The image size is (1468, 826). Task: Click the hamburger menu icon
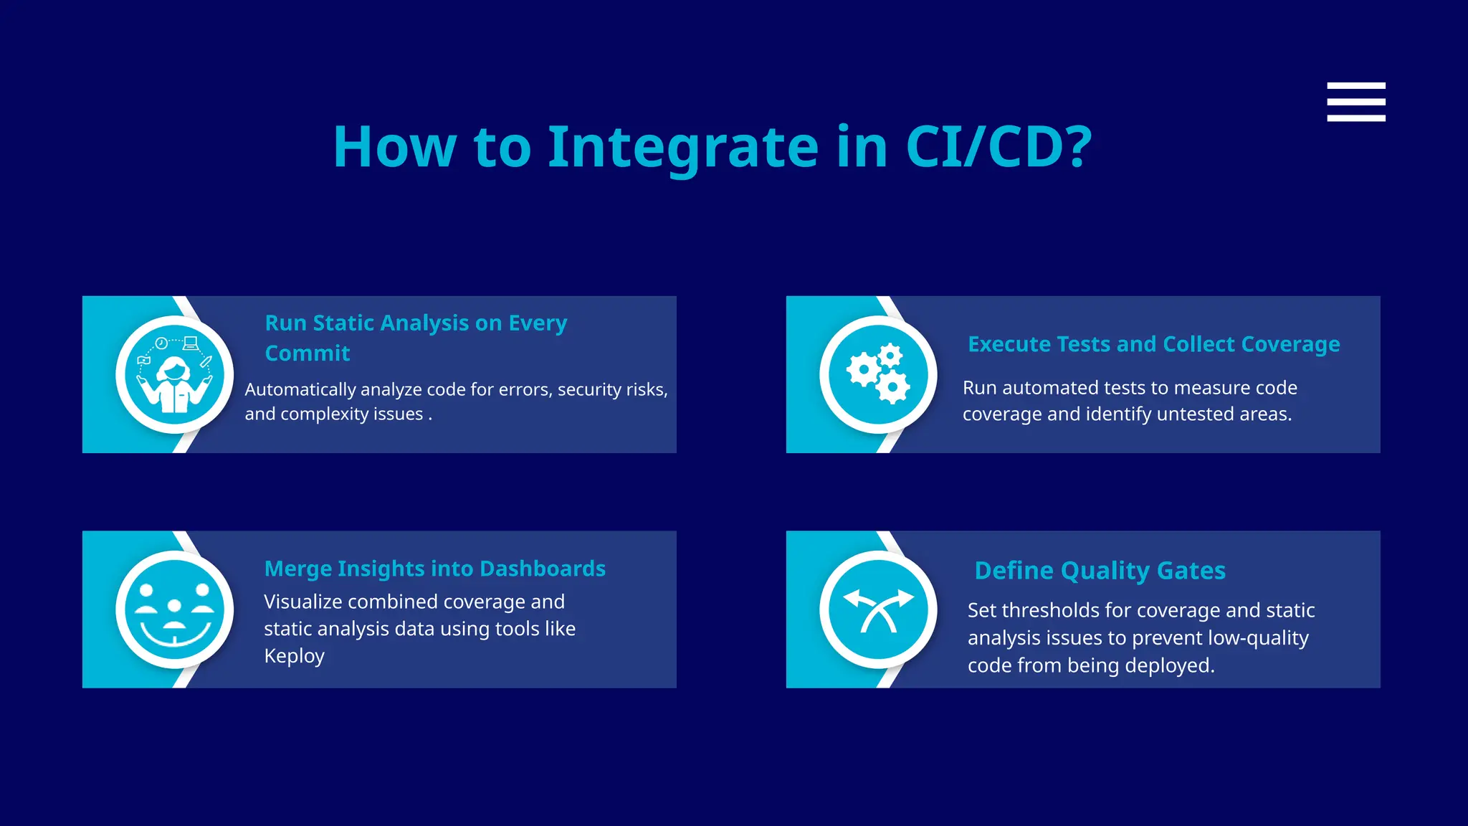tap(1355, 102)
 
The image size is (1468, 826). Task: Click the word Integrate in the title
tap(682, 147)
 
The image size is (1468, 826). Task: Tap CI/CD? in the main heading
tap(998, 147)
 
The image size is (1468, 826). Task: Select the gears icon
tap(878, 374)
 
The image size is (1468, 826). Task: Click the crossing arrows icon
tap(878, 609)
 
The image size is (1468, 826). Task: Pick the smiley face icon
tap(174, 609)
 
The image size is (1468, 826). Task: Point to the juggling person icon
tap(174, 374)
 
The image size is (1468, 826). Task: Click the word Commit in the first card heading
tap(308, 353)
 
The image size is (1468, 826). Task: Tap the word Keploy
tap(294, 656)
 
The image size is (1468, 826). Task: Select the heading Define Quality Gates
tap(1100, 571)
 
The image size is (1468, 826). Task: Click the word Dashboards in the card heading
tap(543, 569)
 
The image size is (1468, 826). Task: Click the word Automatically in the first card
tap(300, 390)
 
